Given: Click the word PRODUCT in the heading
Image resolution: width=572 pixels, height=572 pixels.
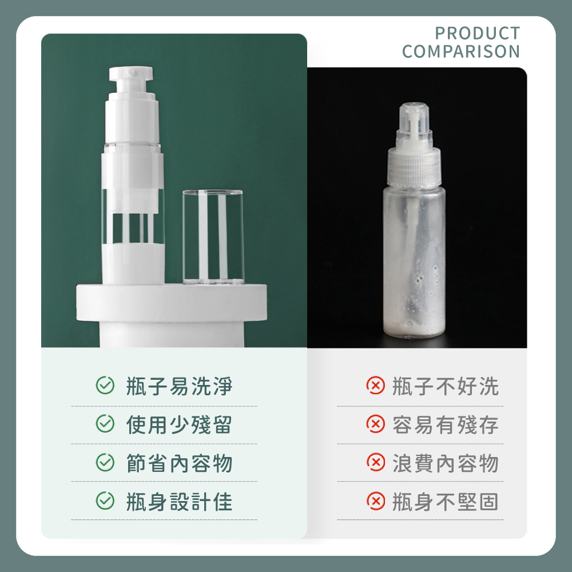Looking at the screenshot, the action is click(477, 33).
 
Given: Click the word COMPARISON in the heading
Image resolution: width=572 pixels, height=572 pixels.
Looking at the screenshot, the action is click(460, 51).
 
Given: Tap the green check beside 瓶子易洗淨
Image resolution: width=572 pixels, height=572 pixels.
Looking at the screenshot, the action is click(105, 385).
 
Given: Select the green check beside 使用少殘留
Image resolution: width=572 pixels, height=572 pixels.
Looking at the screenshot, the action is click(105, 423).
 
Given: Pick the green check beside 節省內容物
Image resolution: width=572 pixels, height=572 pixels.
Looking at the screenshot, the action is click(105, 462).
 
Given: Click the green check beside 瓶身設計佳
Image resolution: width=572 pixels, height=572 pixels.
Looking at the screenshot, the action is click(105, 500).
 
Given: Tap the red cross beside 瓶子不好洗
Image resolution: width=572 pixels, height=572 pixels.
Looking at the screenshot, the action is click(375, 385).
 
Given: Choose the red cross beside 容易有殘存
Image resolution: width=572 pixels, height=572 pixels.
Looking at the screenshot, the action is click(375, 423).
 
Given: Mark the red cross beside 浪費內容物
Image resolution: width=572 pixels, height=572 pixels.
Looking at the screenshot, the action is click(375, 462).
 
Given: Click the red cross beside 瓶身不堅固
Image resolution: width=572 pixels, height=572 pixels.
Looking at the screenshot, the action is click(375, 500).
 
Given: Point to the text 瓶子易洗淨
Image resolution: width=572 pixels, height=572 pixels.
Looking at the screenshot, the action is click(179, 386).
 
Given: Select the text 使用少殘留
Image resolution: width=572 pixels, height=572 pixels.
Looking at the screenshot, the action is click(179, 424).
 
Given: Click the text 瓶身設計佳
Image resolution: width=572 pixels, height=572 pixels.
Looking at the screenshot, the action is click(179, 502).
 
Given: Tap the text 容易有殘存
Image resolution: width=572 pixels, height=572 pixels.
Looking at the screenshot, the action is click(446, 424).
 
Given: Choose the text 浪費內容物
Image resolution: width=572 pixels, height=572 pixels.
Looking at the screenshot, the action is click(446, 463).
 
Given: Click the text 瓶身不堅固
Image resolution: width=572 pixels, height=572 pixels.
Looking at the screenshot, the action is click(446, 502).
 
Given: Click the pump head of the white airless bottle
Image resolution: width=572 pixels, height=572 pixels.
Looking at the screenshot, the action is click(131, 79).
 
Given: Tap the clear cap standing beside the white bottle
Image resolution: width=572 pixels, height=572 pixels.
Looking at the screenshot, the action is click(213, 237).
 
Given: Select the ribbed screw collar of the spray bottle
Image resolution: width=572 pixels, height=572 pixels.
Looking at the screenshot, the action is click(414, 168).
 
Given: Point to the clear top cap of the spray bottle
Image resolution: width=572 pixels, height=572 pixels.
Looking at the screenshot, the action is click(414, 120).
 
